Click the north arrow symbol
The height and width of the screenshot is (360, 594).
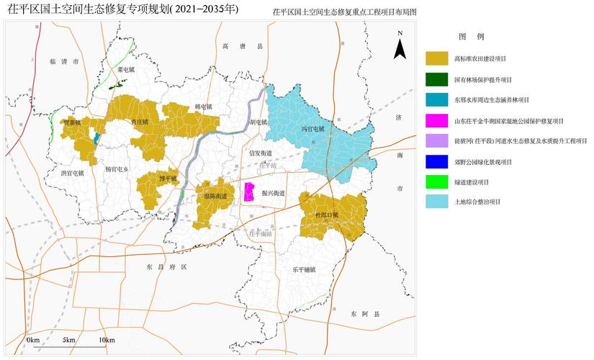pyautogui.click(x=400, y=49)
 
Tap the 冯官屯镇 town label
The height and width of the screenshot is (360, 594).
pyautogui.click(x=313, y=130)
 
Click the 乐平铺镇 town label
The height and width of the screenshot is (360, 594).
pyautogui.click(x=305, y=269)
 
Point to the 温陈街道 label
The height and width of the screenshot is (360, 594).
pyautogui.click(x=215, y=196)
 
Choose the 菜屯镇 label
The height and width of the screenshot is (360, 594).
pyautogui.click(x=127, y=70)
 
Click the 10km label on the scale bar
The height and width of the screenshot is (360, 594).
pyautogui.click(x=107, y=339)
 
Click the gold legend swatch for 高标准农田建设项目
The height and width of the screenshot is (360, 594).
pyautogui.click(x=437, y=58)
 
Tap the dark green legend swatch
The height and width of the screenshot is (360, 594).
pyautogui.click(x=437, y=79)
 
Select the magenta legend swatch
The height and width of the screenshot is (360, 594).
pyautogui.click(x=437, y=121)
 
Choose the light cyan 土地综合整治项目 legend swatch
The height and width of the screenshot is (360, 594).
pyautogui.click(x=437, y=203)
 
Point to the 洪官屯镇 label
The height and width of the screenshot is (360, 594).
pyautogui.click(x=72, y=173)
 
